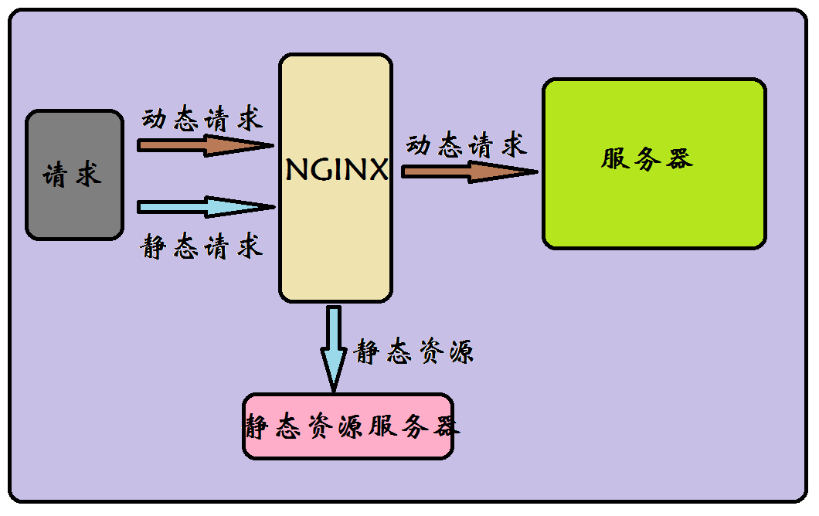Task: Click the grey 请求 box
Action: (x=74, y=175)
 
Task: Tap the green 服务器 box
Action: (x=654, y=164)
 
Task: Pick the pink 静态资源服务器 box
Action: (x=348, y=426)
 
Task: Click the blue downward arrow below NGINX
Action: (x=334, y=348)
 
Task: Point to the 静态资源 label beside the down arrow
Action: (x=413, y=352)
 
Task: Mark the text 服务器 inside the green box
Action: (x=647, y=158)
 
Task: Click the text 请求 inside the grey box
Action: (x=72, y=175)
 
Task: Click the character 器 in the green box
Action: (x=679, y=158)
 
